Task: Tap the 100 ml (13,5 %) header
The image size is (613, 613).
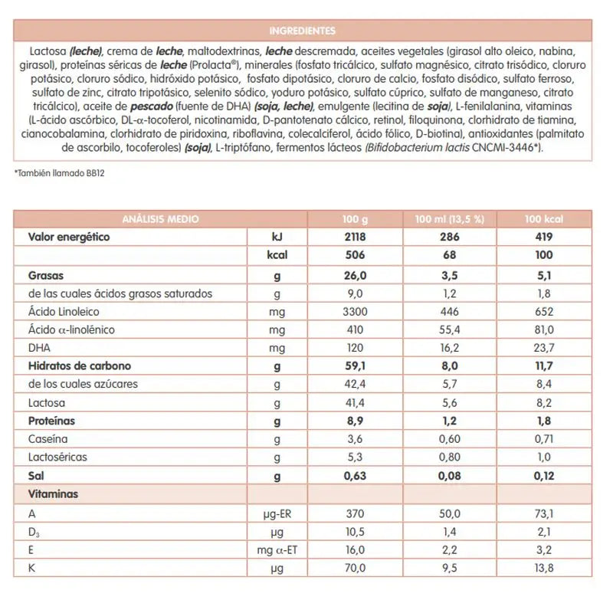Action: coord(449,219)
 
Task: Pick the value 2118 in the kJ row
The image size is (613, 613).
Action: coord(356,238)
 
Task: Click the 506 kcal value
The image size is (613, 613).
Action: coord(356,256)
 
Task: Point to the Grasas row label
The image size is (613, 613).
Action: coord(45,274)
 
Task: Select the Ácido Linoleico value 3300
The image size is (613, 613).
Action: coord(356,312)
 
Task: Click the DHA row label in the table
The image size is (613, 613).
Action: coord(38,348)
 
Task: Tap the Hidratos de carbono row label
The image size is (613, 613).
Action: coord(80,366)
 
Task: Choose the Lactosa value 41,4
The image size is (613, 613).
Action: coord(356,402)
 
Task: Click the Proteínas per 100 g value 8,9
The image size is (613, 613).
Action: coord(356,421)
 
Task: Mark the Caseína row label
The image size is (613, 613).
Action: coord(48,439)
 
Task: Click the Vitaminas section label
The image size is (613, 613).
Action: coord(53,494)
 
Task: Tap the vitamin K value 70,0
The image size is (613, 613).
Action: coord(356,569)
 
